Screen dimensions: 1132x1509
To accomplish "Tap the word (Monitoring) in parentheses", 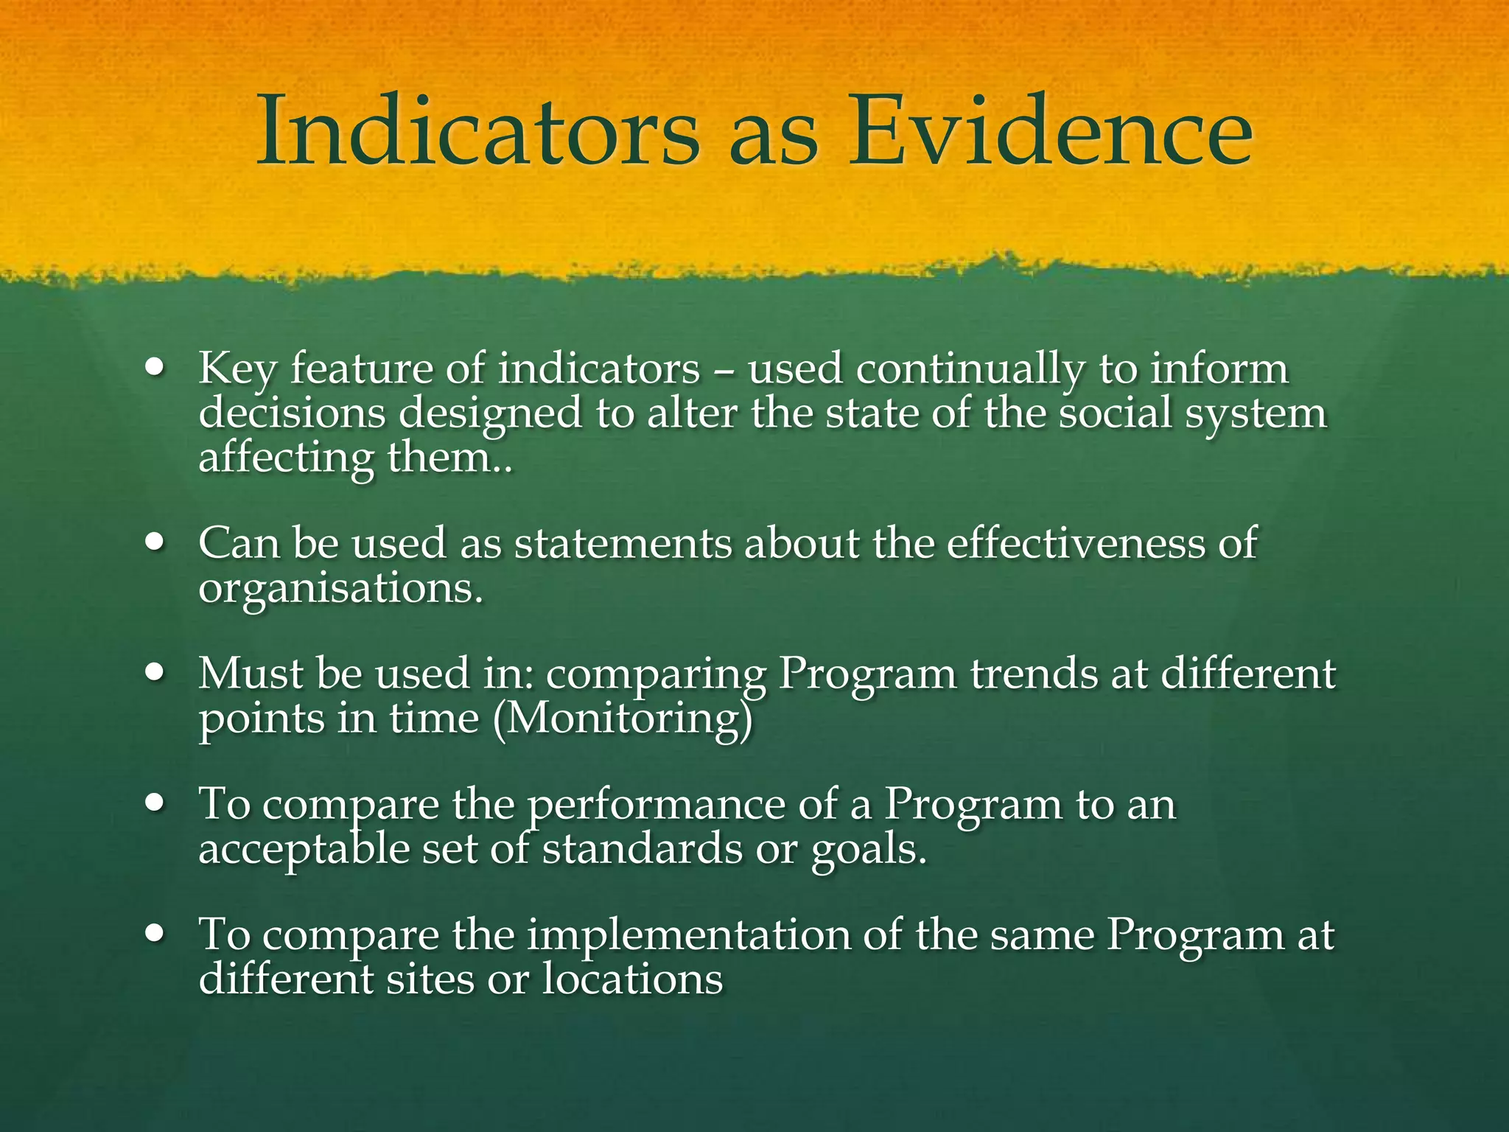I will (x=623, y=719).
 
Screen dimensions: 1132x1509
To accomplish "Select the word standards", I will (x=642, y=848).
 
